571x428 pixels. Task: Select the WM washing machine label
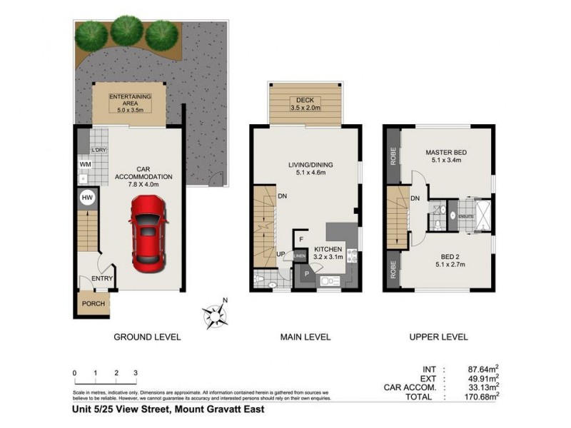coord(84,165)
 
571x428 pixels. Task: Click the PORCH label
coord(93,304)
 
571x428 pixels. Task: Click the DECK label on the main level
coord(305,101)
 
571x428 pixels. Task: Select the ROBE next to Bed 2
coord(393,269)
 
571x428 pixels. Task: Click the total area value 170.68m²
coord(480,397)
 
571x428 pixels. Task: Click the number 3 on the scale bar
coord(135,373)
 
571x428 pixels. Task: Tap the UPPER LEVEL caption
coord(438,337)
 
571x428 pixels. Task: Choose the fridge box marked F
coord(302,239)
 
